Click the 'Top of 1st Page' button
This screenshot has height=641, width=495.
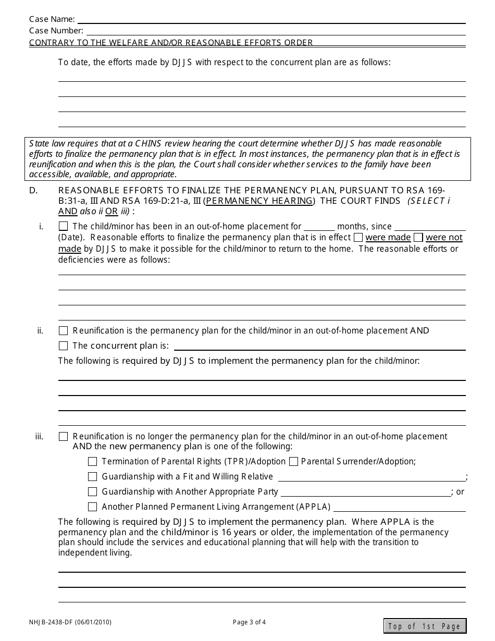pyautogui.click(x=425, y=626)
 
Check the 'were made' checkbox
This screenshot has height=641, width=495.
pyautogui.click(x=358, y=238)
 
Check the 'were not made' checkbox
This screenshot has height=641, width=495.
pyautogui.click(x=418, y=238)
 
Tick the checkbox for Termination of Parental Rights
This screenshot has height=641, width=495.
pyautogui.click(x=93, y=462)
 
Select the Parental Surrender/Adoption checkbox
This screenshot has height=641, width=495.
pyautogui.click(x=293, y=462)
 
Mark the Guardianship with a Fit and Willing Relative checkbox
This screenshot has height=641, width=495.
pyautogui.click(x=93, y=477)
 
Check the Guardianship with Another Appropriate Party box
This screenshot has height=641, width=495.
pyautogui.click(x=93, y=492)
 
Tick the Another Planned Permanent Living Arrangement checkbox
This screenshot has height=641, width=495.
pyautogui.click(x=93, y=507)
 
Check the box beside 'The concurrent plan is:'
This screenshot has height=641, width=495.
pyautogui.click(x=64, y=346)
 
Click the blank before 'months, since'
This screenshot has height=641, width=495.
pyautogui.click(x=319, y=227)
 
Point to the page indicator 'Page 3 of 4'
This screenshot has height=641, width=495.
pyautogui.click(x=249, y=622)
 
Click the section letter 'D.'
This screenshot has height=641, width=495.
pyautogui.click(x=33, y=191)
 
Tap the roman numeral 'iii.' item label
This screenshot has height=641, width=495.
pyautogui.click(x=40, y=437)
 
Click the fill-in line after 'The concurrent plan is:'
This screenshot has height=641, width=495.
pyautogui.click(x=319, y=347)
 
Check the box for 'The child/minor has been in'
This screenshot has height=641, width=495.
pyautogui.click(x=64, y=227)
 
